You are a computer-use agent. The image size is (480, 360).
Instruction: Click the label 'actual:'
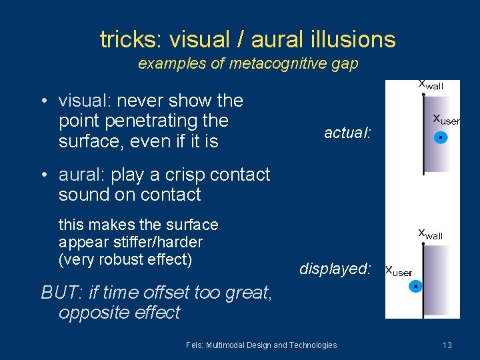tap(347, 133)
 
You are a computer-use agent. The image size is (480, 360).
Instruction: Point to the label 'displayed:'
tap(335, 269)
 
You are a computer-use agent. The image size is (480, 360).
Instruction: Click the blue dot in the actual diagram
tap(440, 139)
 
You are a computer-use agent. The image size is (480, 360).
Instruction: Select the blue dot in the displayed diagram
tap(415, 287)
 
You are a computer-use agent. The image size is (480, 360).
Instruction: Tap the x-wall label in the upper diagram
tap(429, 85)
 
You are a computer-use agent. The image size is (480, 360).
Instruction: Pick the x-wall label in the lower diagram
tap(429, 234)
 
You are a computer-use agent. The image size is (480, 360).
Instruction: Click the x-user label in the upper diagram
tap(445, 119)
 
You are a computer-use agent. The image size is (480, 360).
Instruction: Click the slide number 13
tap(447, 345)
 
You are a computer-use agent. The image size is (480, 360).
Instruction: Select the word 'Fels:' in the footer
tap(195, 345)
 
